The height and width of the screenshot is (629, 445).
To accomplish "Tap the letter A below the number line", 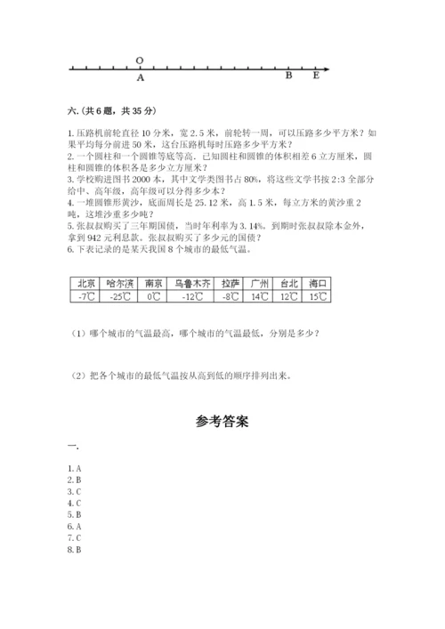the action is (x=141, y=77).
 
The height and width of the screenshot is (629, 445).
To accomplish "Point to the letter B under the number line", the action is (x=288, y=77).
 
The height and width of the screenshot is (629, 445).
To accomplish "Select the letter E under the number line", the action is (x=315, y=77).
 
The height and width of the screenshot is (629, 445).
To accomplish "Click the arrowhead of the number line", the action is (x=328, y=69).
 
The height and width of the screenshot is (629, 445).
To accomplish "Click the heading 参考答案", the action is (x=222, y=420).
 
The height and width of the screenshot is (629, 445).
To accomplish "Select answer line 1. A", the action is (x=75, y=468).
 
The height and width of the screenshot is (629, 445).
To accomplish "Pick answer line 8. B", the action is (x=75, y=550).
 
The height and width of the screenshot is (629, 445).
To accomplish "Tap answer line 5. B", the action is (x=75, y=515).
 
